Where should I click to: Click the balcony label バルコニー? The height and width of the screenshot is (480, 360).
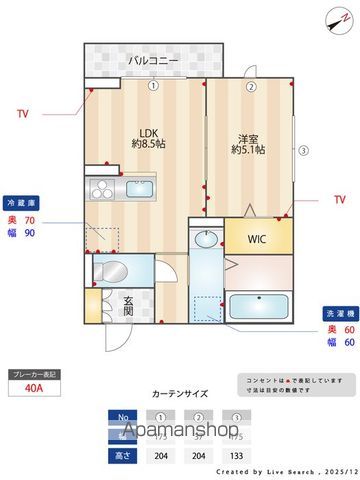click(x=153, y=62)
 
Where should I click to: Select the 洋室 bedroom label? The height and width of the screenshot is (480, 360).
click(x=249, y=143)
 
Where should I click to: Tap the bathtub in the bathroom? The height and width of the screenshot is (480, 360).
click(x=258, y=305)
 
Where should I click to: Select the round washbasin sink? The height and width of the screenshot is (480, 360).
click(x=207, y=239)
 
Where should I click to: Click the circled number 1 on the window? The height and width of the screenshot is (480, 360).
click(x=153, y=86)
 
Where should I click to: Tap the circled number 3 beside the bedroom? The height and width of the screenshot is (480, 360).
click(x=304, y=152)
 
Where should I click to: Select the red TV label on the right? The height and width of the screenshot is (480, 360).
click(x=340, y=201)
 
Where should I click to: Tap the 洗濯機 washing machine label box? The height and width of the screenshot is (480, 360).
click(x=335, y=311)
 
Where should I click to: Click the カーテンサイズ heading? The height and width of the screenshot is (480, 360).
click(x=179, y=394)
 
